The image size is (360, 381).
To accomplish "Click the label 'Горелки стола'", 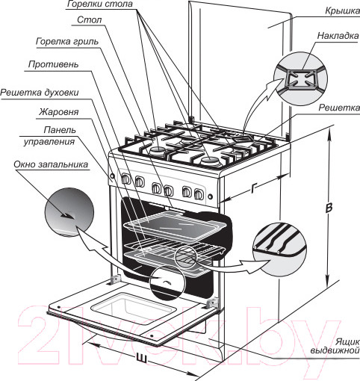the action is pos(100,4).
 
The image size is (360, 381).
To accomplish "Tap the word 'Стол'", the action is pos(90,19).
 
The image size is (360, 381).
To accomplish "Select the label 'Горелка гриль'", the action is pos(67,41).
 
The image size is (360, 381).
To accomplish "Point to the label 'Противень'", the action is pos(53,64).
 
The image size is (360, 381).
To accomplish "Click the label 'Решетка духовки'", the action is pos(40,93).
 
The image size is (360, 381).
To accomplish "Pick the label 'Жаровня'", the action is pos(58,112).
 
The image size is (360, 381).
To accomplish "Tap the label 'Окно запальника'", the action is pos(51,164).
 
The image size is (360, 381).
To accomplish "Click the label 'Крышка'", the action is pos(342,11).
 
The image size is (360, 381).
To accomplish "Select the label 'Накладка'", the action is pos(338,36).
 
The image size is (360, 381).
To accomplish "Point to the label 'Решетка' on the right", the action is pos(339,108).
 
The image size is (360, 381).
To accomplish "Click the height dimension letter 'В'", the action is pos(329,208).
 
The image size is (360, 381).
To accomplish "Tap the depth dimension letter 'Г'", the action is pos(253,188).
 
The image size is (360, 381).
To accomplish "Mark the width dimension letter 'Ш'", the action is pos(141,358).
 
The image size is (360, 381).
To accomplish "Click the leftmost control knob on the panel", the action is pos(125,179).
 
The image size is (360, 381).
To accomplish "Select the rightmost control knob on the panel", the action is pos(199,193).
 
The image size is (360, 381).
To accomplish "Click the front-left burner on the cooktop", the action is pos(158,150).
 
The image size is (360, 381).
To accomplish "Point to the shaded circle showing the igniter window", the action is pos(69,212).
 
